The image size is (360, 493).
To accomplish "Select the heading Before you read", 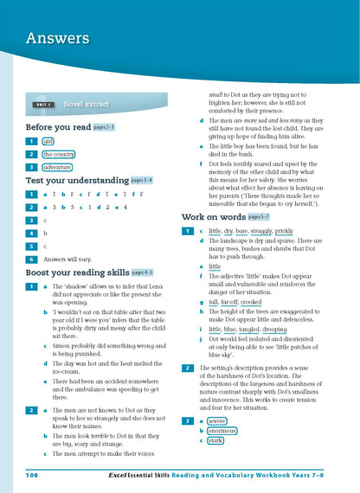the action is coord(55,126).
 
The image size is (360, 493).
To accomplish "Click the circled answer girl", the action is coord(48,141).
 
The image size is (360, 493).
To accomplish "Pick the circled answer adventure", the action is coord(58,168).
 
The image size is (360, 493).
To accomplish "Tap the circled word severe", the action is coord(216,420).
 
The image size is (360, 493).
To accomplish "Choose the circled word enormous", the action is coord(222,430).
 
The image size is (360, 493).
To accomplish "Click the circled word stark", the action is coord(215,440).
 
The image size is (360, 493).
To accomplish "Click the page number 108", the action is coord(32,475).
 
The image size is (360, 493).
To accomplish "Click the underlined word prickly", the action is coord(284,232).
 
